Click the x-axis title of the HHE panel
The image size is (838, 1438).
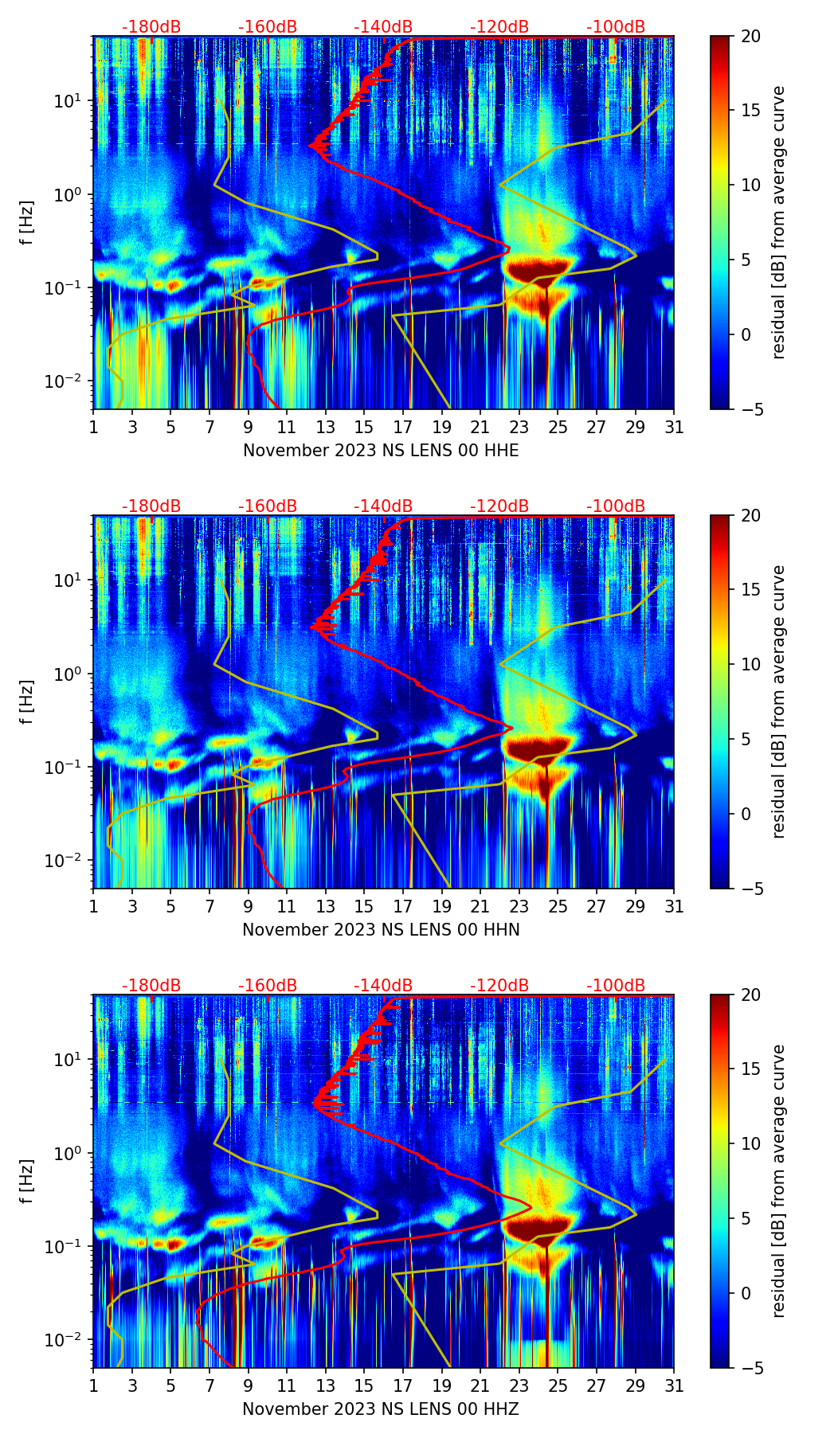pos(381,451)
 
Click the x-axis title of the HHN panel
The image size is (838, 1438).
pos(381,930)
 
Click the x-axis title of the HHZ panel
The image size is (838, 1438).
pos(381,1409)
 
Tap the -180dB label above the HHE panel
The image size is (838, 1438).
pos(151,28)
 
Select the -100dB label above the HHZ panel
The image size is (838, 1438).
pos(616,987)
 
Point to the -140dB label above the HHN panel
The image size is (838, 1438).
pos(383,507)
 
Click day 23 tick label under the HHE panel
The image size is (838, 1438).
pos(519,428)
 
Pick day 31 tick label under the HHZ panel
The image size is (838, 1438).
pos(674,1386)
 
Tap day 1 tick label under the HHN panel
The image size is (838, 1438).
pos(94,907)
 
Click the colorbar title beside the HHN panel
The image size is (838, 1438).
pos(779,701)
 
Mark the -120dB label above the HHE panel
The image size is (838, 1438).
pos(499,28)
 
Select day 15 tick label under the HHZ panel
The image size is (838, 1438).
pos(364,1386)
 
